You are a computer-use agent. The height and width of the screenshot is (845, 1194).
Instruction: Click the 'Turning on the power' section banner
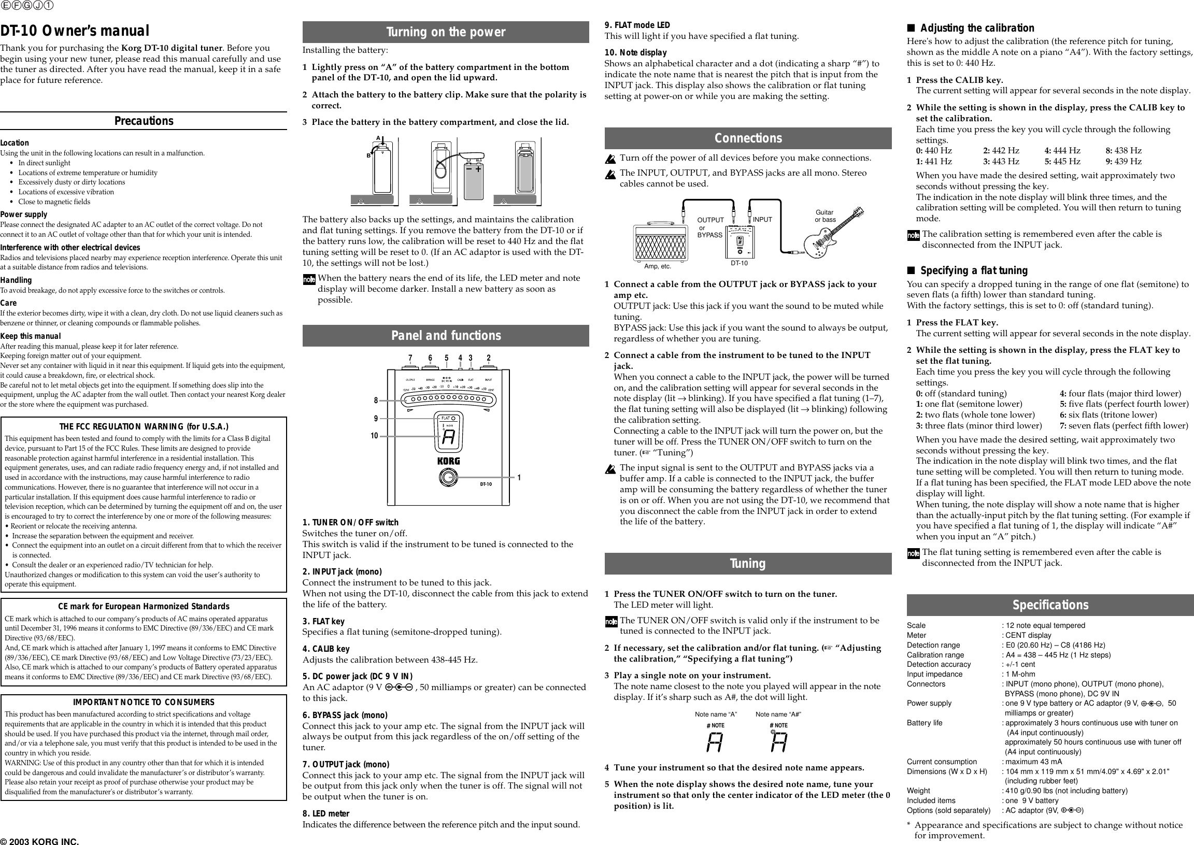[446, 32]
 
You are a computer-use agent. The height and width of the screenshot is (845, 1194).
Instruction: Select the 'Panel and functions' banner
[446, 336]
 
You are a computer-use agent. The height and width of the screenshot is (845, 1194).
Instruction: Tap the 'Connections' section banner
[747, 138]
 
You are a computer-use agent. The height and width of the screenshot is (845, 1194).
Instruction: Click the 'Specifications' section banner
[1050, 605]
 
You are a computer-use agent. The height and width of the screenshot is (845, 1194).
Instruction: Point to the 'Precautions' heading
[144, 121]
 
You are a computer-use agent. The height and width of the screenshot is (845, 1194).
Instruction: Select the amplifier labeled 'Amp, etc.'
[660, 242]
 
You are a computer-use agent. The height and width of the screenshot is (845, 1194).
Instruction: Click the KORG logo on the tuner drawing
[448, 461]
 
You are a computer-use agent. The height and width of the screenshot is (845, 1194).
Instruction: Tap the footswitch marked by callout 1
[447, 477]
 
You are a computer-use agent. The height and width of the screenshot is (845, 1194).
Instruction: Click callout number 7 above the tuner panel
[410, 358]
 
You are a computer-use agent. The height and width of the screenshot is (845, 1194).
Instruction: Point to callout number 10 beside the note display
[374, 436]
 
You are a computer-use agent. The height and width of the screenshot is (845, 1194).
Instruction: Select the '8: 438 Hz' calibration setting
[1124, 150]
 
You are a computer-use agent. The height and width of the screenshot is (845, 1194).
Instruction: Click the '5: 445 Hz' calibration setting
[1062, 161]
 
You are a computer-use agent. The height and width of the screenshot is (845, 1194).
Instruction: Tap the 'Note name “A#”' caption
[778, 714]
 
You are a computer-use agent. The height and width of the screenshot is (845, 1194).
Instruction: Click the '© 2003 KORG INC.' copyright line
[40, 841]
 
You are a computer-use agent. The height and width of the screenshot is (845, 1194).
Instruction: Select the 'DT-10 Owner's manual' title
[75, 32]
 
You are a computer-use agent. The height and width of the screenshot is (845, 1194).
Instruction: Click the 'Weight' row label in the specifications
[918, 791]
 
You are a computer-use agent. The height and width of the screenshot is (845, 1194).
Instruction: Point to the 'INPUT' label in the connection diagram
[762, 220]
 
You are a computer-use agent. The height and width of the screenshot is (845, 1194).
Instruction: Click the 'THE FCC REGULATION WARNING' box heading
[144, 427]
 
